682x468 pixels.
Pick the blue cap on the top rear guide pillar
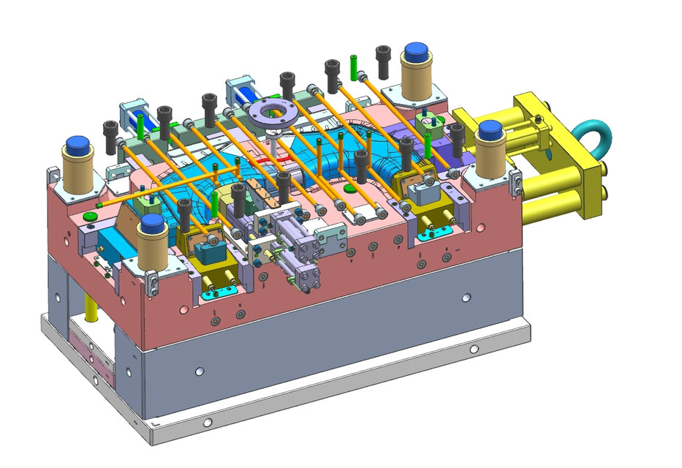[415, 52]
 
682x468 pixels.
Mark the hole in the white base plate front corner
[208, 423]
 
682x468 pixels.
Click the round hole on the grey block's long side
[466, 298]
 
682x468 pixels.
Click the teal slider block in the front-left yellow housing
[211, 252]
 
